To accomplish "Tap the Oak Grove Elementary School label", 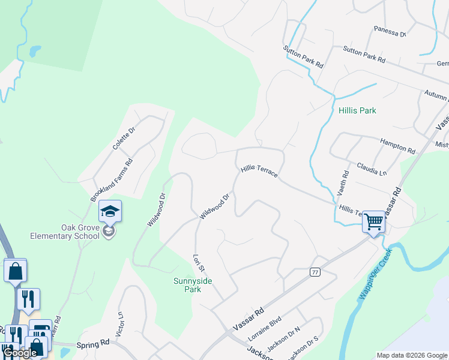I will click(65, 232).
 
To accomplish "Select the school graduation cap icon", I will click(110, 211).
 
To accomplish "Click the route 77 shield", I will click(315, 272).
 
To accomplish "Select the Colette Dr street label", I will click(125, 137).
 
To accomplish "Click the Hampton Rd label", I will click(397, 145).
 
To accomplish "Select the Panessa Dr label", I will click(390, 31).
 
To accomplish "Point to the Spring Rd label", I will click(92, 345).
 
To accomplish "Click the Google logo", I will click(20, 353).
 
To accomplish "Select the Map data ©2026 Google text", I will click(411, 355).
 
